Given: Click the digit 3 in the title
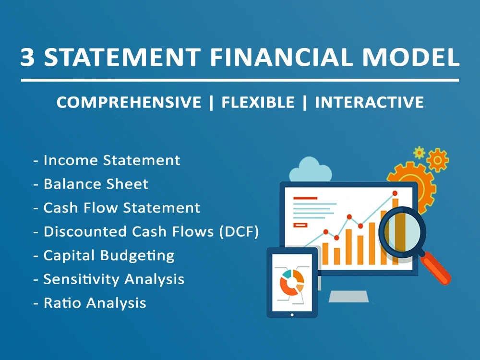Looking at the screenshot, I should [28, 57].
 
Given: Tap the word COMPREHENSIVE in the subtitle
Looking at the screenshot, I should [129, 102].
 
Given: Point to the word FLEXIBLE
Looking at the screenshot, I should [258, 102].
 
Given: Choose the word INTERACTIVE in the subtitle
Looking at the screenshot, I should [369, 102].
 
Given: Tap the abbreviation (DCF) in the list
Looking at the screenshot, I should [239, 232].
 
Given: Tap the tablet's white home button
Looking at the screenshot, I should [292, 315].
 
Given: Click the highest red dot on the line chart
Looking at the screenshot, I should [395, 193].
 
